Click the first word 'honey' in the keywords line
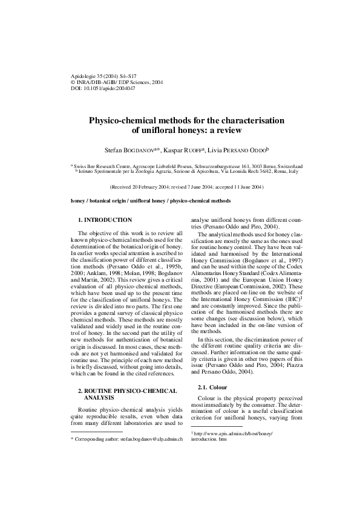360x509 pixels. (x=79, y=200)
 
